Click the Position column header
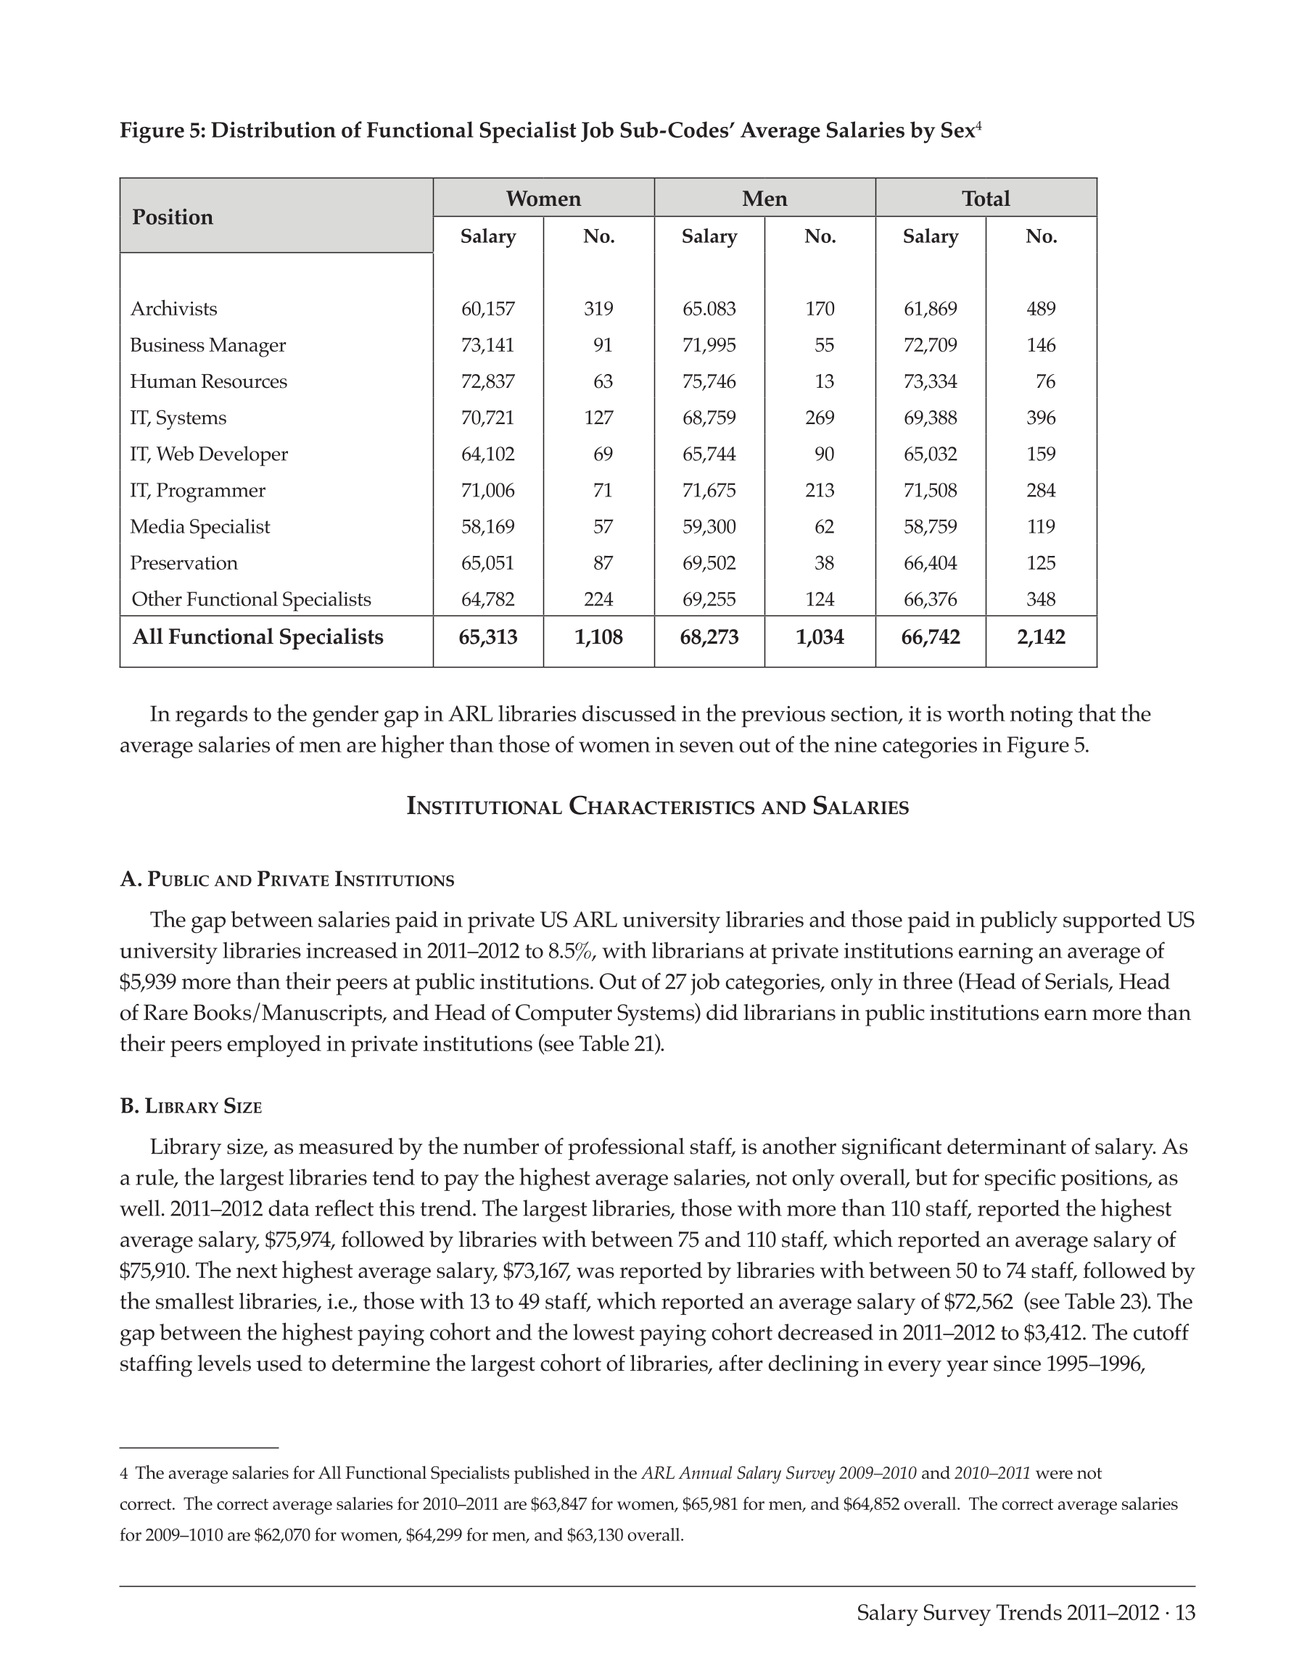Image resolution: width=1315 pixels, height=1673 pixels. (173, 217)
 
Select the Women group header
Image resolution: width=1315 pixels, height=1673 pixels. (543, 199)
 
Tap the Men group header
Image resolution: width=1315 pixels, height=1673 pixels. (764, 199)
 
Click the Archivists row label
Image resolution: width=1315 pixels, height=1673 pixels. (174, 309)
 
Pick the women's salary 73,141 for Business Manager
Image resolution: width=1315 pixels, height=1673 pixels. (487, 345)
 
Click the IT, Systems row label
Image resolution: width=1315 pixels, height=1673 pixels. (178, 418)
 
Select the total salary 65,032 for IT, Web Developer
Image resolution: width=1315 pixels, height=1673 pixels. (930, 454)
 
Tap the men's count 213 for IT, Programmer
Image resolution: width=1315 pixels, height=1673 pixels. (819, 490)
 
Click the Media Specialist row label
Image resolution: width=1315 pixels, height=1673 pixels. (200, 527)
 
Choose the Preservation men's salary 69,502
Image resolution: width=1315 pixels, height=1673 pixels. (709, 563)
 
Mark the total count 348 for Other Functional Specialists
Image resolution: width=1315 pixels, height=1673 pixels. (1041, 599)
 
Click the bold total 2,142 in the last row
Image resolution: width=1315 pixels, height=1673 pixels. (1041, 637)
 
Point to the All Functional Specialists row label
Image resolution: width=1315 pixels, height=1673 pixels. (258, 637)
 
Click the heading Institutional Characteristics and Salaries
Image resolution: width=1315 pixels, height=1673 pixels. (657, 808)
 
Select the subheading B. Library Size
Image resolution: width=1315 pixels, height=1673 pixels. (191, 1107)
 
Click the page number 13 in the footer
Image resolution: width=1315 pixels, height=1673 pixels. (1186, 1613)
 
